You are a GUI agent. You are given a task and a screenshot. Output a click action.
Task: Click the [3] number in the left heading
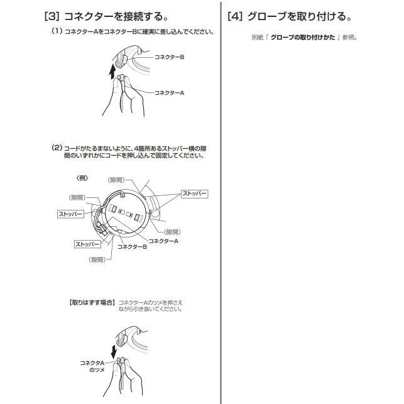[x=52, y=16]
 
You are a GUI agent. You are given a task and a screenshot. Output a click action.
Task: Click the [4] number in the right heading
[x=235, y=16]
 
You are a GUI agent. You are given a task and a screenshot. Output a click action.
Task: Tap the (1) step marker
[x=57, y=31]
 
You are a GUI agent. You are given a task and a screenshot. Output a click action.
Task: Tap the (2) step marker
[x=57, y=148]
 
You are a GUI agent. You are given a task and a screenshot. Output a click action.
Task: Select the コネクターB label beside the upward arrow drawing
[x=169, y=57]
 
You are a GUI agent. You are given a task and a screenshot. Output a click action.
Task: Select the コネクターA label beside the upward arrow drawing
[x=169, y=93]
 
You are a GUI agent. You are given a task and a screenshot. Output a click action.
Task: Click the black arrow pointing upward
[x=112, y=72]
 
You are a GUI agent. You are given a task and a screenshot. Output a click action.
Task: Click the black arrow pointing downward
[x=114, y=351]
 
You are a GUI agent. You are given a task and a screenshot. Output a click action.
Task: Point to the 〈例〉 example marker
[x=82, y=178]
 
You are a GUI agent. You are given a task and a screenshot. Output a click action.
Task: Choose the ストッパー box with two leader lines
[x=195, y=194]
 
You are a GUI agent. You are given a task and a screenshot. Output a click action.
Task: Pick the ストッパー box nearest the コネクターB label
[x=87, y=244]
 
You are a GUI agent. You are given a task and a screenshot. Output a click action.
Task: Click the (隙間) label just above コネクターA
[x=172, y=232]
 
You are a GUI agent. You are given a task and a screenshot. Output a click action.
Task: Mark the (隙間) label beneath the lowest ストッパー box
[x=97, y=259]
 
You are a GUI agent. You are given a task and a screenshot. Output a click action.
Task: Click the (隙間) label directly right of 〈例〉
[x=116, y=180]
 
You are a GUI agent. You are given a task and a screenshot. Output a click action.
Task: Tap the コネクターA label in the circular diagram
[x=163, y=241]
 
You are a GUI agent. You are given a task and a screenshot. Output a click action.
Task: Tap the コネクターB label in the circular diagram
[x=132, y=247]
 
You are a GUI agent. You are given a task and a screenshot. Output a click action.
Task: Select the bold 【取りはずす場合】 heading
[x=92, y=302]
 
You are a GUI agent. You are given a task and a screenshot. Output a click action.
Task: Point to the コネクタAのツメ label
[x=92, y=366]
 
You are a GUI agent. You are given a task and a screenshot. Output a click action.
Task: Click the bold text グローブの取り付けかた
[x=303, y=37]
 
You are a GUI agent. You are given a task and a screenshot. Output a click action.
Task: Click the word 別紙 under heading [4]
[x=258, y=37]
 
